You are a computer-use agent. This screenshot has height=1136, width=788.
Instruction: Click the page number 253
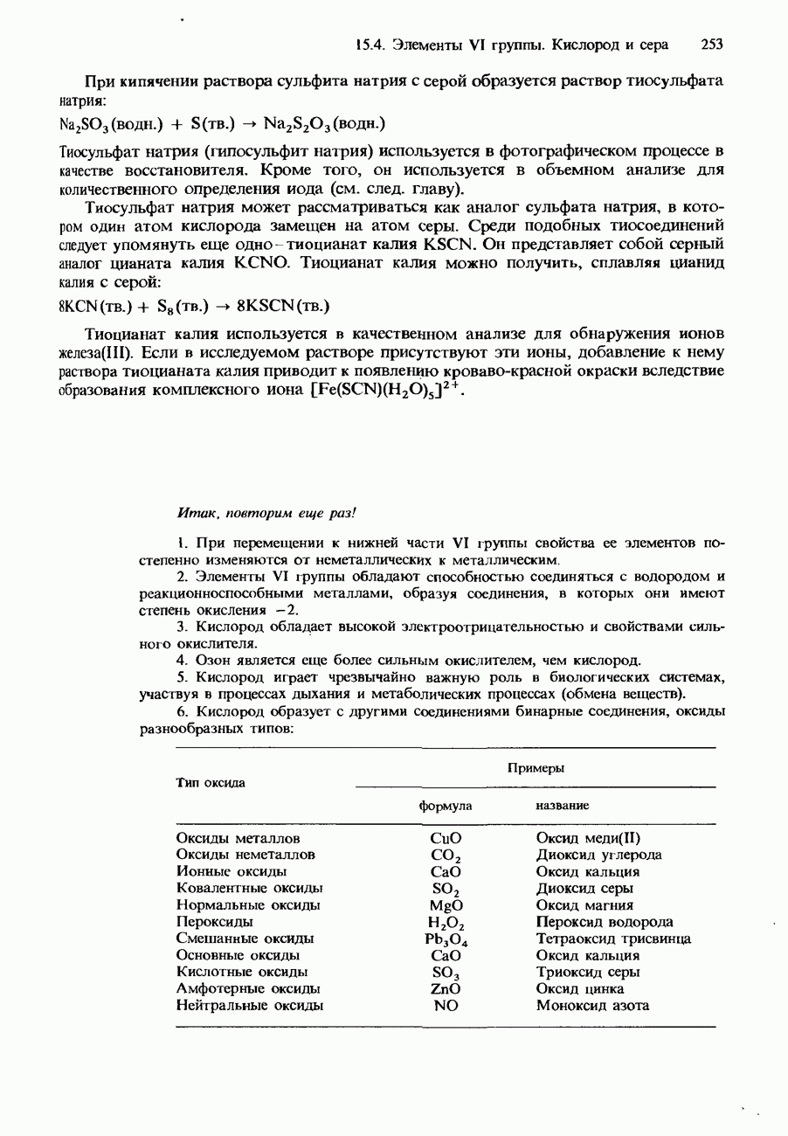click(712, 44)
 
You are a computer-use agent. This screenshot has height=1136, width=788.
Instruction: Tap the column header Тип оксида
click(211, 782)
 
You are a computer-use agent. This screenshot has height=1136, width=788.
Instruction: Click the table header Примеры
click(536, 767)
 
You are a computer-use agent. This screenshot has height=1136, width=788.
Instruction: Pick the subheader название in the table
click(562, 805)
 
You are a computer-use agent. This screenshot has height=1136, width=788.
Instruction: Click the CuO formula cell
click(446, 838)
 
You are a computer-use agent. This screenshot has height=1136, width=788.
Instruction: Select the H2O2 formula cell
click(446, 923)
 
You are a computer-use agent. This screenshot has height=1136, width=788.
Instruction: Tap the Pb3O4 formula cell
click(446, 939)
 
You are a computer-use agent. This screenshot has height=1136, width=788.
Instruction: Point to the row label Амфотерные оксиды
click(248, 988)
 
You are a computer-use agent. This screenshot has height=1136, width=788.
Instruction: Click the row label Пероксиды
click(215, 922)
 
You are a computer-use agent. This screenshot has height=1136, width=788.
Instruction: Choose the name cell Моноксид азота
click(592, 1005)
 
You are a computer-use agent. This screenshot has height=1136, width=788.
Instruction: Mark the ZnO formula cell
click(446, 988)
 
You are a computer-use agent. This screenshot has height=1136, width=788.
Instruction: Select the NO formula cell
click(446, 1005)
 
